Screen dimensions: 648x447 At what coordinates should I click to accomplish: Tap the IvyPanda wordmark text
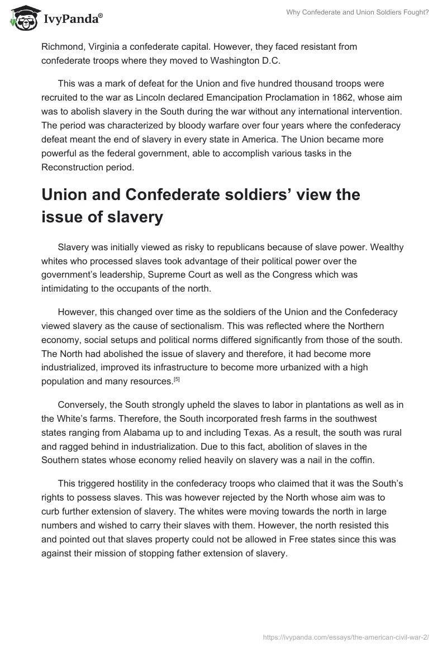[x=73, y=20]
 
